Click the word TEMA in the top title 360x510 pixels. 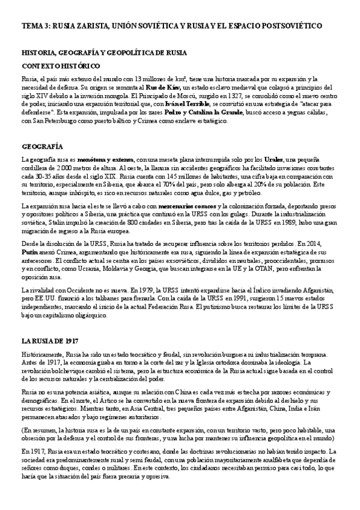pos(31,26)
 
